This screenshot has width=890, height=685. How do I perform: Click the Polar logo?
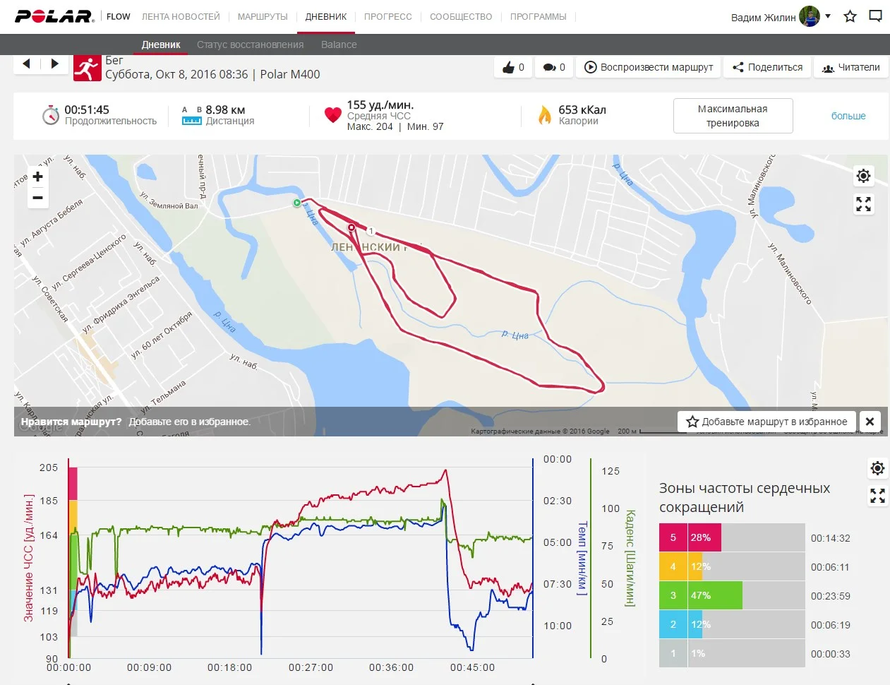pos(54,16)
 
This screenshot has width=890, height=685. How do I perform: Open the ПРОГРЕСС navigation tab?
pos(387,16)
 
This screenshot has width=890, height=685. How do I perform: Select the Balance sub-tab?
pos(339,44)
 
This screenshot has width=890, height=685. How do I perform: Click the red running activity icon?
pos(88,68)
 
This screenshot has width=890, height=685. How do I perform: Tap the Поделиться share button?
pos(767,67)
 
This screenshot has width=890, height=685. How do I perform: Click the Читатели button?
pos(850,67)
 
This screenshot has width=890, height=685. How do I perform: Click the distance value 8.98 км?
pos(225,109)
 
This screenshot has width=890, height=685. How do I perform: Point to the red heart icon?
pos(333,115)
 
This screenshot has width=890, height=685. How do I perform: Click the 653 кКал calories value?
pos(582,109)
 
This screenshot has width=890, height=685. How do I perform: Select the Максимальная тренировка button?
pos(733,116)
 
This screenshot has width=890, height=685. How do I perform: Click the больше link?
pos(848,116)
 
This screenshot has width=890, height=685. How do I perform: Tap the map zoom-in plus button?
pos(38,177)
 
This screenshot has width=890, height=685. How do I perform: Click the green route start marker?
pos(297,203)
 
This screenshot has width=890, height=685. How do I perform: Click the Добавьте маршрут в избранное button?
pos(766,422)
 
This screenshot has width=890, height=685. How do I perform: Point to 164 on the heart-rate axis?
pos(49,535)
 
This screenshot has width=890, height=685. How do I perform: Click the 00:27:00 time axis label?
pos(311,667)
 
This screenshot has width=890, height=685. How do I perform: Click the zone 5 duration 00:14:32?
pos(830,538)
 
